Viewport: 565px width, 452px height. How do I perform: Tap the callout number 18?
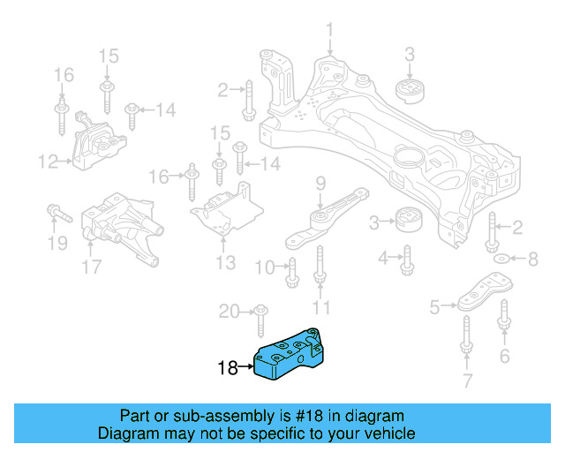[x=227, y=368]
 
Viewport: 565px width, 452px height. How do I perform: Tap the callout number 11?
[x=321, y=307]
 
